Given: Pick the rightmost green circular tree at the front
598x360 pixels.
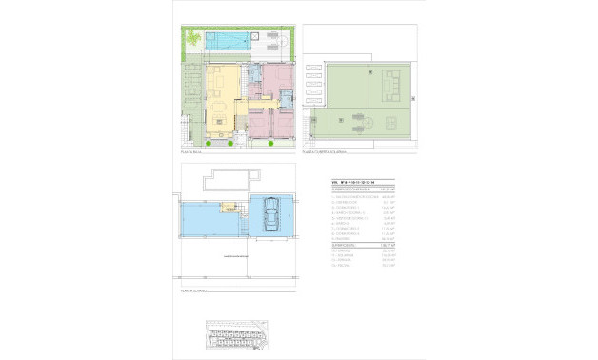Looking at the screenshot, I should point(272,144).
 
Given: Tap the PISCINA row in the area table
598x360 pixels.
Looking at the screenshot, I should point(339,268).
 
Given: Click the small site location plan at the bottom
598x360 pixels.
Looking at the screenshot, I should point(238,334).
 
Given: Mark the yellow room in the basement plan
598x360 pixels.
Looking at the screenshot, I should point(229,209).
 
